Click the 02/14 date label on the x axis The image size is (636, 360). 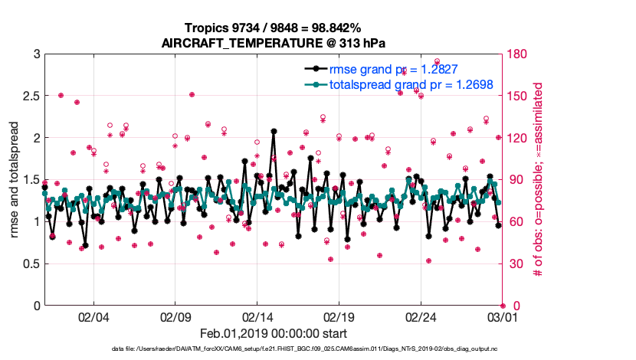(257, 316)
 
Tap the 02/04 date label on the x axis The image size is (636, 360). (93, 316)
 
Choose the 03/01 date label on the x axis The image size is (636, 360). (503, 316)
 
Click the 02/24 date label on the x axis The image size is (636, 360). (421, 316)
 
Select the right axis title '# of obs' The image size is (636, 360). (539, 180)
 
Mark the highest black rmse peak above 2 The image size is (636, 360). (274, 131)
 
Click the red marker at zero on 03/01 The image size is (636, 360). (503, 306)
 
